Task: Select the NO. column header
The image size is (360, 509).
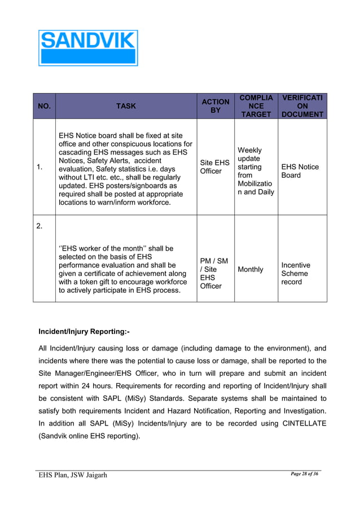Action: (x=44, y=106)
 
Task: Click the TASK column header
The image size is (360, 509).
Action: (x=126, y=106)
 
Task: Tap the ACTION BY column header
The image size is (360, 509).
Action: (x=215, y=106)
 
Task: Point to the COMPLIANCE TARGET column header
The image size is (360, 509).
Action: (x=256, y=106)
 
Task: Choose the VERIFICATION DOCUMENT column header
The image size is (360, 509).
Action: (x=302, y=106)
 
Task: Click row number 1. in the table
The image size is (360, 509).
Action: (x=39, y=167)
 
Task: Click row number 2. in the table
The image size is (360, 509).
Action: (x=39, y=226)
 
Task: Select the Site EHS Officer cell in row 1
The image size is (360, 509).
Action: (x=215, y=166)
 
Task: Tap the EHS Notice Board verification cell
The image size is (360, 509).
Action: (x=300, y=170)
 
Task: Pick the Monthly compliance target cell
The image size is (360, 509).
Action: (x=250, y=270)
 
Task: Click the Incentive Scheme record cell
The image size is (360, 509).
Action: (x=296, y=273)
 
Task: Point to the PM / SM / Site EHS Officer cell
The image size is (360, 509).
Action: (x=214, y=274)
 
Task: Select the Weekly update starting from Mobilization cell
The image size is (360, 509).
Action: (x=255, y=171)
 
